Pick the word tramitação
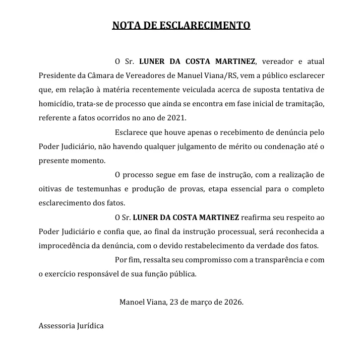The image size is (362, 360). (303, 104)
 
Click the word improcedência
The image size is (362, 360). (66, 246)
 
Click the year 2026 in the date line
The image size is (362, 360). (232, 303)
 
